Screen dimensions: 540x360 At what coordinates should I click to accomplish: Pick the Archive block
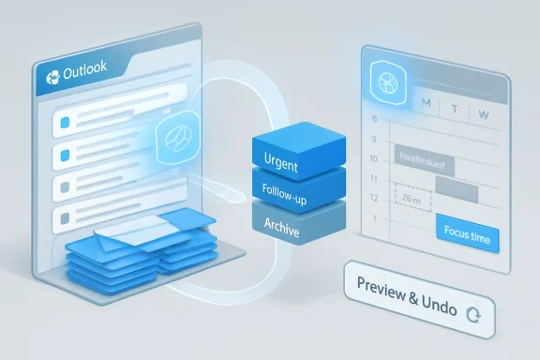click(285, 224)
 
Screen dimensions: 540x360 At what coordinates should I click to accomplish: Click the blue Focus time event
click(467, 238)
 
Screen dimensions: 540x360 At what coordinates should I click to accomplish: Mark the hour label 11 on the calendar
click(376, 178)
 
